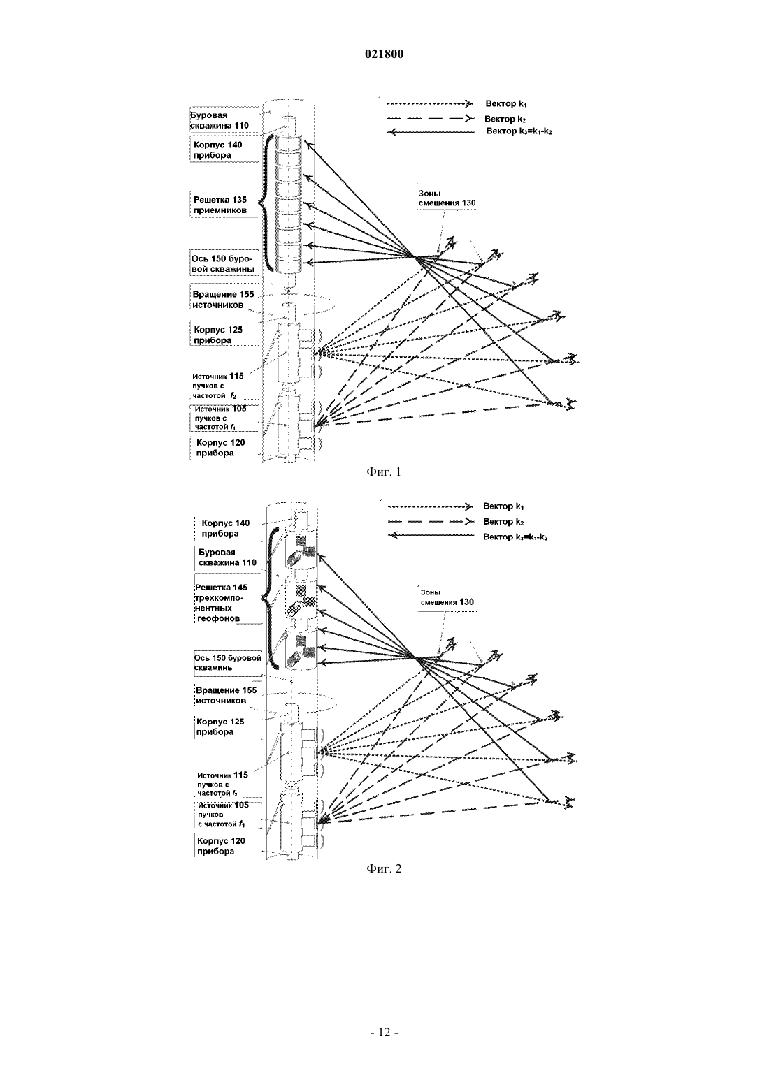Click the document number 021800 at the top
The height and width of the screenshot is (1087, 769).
point(384,54)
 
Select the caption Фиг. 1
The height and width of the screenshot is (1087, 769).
point(384,472)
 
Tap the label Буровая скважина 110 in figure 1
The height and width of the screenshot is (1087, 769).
point(220,120)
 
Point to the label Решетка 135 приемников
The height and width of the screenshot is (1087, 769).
point(220,205)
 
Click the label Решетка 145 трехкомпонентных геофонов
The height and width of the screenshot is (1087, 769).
point(220,603)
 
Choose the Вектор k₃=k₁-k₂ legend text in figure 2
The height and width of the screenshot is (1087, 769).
point(516,537)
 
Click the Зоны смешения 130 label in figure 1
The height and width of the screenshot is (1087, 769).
point(447,198)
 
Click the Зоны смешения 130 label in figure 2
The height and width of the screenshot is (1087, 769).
point(447,597)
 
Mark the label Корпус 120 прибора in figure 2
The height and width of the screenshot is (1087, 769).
point(221,846)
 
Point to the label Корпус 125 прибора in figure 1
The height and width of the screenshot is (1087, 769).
point(218,335)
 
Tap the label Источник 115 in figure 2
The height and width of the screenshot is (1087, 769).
point(222,775)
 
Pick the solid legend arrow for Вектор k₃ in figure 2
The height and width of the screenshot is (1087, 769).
point(431,536)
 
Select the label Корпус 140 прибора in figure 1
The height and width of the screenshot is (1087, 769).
point(218,150)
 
